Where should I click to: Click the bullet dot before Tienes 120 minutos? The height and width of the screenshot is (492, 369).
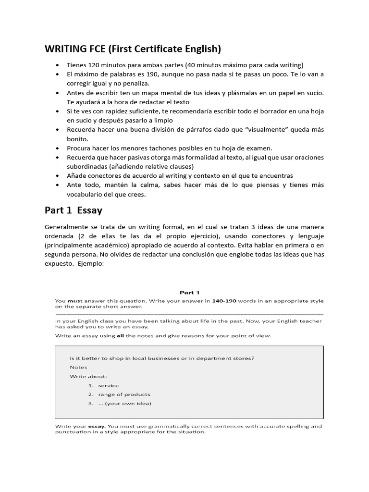coord(58,65)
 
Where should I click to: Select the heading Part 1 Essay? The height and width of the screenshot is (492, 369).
coord(74,210)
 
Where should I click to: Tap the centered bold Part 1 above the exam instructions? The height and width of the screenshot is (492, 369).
coord(189,292)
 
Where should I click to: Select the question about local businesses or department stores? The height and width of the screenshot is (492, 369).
coord(162,358)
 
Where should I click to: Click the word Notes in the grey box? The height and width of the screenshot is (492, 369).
coord(78,367)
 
